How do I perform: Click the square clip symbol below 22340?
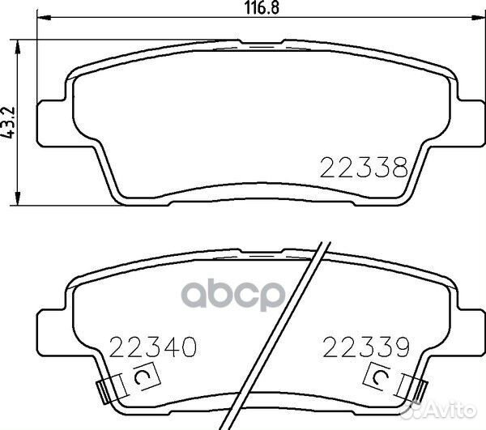coord(140,377)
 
